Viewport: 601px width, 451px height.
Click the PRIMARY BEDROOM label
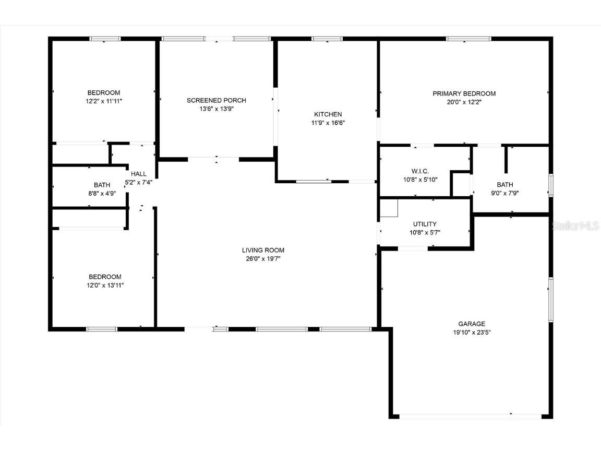(464, 93)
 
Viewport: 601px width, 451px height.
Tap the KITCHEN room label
(328, 114)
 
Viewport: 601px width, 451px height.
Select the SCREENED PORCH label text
(216, 100)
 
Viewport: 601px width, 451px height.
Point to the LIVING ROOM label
(263, 250)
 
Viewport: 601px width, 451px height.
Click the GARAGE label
(472, 324)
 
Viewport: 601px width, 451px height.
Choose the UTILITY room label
(425, 224)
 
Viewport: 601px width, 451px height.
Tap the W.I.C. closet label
(420, 171)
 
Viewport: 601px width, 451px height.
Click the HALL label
(139, 174)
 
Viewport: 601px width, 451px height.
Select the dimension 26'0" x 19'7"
(263, 258)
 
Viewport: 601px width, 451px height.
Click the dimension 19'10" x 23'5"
(472, 332)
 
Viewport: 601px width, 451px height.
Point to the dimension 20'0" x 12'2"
(464, 102)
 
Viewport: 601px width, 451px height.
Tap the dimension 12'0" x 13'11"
(105, 285)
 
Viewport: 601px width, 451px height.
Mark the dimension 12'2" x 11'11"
(104, 101)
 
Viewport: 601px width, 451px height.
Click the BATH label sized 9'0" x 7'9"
(504, 184)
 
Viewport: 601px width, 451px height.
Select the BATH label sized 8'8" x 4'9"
(102, 185)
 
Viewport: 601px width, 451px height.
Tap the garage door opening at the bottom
(470, 416)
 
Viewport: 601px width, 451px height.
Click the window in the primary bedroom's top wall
(468, 39)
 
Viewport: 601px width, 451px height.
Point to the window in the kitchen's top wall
(327, 39)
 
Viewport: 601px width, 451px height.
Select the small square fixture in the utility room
(389, 208)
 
